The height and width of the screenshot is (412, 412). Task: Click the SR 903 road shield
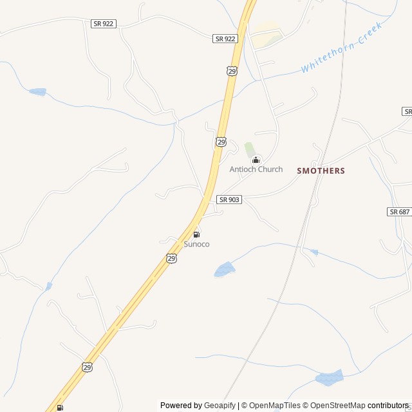coord(229,200)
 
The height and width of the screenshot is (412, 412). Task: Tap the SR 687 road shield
coord(399,211)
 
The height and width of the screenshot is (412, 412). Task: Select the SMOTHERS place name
coord(321,171)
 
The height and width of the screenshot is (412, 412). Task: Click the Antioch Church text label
coord(256,169)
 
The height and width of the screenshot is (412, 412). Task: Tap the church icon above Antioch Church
coord(256,160)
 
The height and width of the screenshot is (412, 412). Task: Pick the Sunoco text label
coord(196,244)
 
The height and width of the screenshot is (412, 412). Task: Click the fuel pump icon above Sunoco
coord(196,234)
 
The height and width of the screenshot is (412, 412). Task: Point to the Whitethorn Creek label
coord(341,47)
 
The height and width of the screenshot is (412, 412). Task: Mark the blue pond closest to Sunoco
coord(224,269)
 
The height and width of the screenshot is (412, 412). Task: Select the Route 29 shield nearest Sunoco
coord(171,258)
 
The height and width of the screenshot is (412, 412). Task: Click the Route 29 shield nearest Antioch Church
coord(221,141)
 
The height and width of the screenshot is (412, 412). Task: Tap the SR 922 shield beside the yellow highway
coord(226,39)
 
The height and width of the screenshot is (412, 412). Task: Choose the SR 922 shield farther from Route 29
coord(103,23)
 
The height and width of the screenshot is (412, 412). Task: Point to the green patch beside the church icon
coord(249,149)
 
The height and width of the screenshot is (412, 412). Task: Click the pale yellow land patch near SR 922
coord(266,35)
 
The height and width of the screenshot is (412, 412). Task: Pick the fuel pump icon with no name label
coord(60,407)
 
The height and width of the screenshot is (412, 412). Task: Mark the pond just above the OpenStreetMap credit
coord(329,379)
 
